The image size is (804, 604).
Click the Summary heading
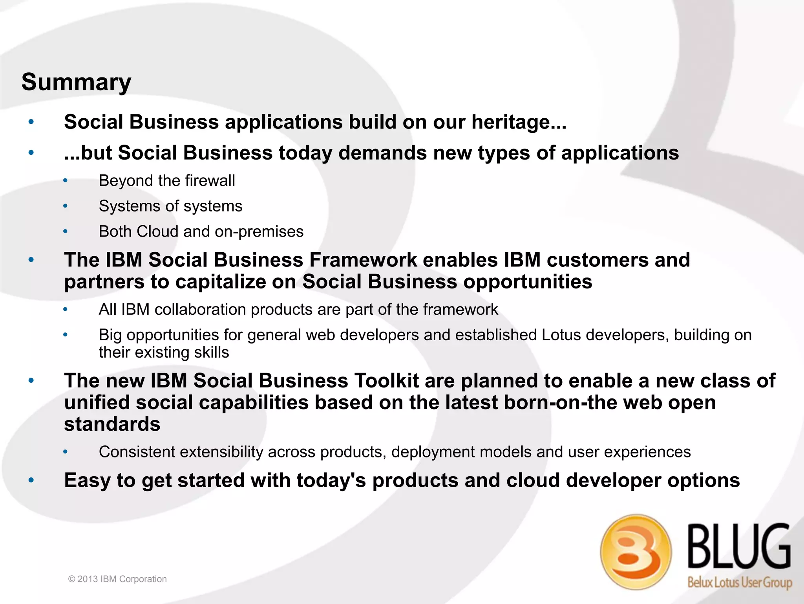(x=76, y=82)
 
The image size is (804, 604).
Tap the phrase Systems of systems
(x=170, y=206)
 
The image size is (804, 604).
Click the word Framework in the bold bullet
(x=363, y=260)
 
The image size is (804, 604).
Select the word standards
(x=112, y=424)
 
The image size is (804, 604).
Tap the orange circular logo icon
(x=636, y=552)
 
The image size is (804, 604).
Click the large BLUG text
(x=739, y=547)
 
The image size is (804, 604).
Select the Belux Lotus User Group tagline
(x=740, y=582)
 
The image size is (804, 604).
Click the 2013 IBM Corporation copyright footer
(x=117, y=579)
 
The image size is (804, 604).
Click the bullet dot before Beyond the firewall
(x=66, y=181)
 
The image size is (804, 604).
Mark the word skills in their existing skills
(x=211, y=352)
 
